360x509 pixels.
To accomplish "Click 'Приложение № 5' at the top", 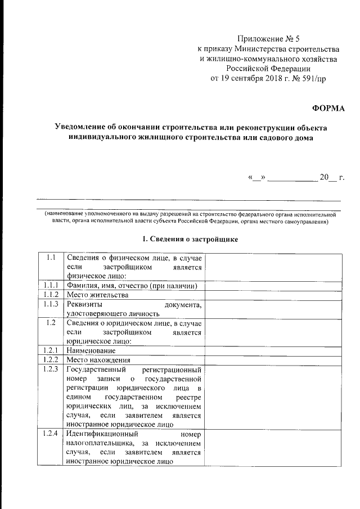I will click(269, 39).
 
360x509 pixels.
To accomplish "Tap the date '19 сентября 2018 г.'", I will click(250, 78).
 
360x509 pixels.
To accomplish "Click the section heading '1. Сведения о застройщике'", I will click(191, 240).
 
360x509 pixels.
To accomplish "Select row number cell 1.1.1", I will click(51, 286).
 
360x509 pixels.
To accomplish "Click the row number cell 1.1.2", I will click(51, 294).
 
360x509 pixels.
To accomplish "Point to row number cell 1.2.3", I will click(51, 370).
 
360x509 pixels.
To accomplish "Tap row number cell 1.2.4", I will click(51, 434).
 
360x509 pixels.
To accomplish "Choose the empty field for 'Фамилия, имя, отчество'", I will click(273, 286).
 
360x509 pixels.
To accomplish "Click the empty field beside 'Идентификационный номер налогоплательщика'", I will click(273, 448).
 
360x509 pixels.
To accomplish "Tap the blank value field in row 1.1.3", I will click(273, 308).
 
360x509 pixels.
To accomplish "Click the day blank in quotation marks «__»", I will click(256, 178).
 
